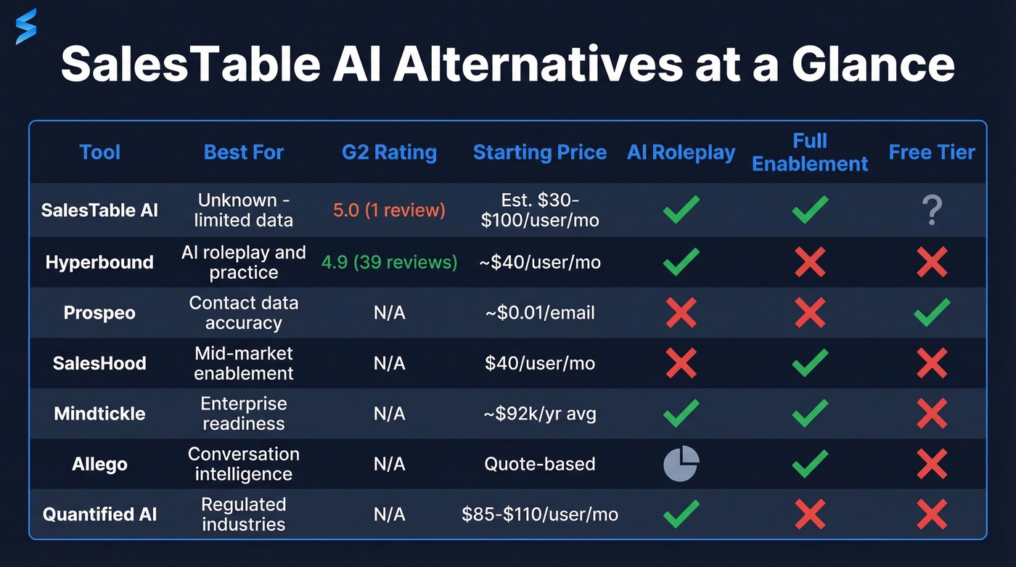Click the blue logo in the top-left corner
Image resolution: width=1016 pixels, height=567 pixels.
tap(26, 27)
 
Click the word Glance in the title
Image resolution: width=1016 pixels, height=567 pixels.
tap(873, 65)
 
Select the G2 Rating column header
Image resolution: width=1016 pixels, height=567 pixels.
tap(389, 152)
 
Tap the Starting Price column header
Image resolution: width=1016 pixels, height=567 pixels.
tap(540, 152)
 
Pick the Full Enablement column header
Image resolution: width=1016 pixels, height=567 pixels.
tap(810, 152)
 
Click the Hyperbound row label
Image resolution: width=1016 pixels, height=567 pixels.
tap(99, 262)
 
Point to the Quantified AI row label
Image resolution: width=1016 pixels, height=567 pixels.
tap(99, 515)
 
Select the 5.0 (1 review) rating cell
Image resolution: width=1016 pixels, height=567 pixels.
tap(389, 211)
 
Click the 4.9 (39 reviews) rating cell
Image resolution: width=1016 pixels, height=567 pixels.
tap(389, 262)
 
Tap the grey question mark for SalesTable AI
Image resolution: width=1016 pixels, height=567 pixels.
tap(932, 211)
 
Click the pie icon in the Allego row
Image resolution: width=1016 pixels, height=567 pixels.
tap(681, 464)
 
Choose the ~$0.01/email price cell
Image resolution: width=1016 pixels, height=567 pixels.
tap(540, 313)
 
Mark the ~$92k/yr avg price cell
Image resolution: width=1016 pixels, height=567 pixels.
tap(540, 414)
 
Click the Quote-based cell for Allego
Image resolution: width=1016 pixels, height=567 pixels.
tap(540, 464)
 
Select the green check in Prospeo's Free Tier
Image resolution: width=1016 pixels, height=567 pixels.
tap(932, 312)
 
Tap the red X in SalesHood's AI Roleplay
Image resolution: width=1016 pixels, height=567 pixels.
tap(681, 363)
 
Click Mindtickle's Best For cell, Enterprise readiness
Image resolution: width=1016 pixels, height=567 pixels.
tap(244, 414)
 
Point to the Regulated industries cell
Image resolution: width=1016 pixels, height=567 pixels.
tap(244, 515)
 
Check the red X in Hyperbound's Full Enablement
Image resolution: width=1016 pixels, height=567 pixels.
tap(810, 262)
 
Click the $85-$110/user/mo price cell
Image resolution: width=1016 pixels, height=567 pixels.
tap(540, 515)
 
